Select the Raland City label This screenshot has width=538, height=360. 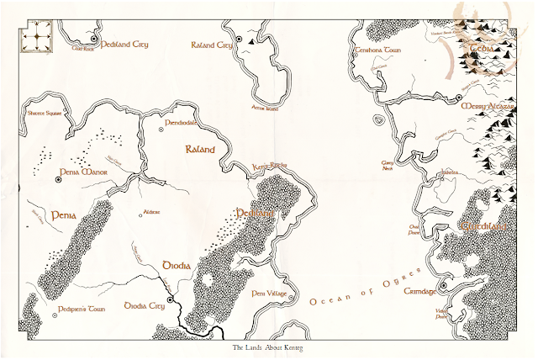point(211,45)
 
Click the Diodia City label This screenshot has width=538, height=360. point(143,305)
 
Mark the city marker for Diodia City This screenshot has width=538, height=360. point(169,300)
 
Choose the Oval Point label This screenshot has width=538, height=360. point(414,229)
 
